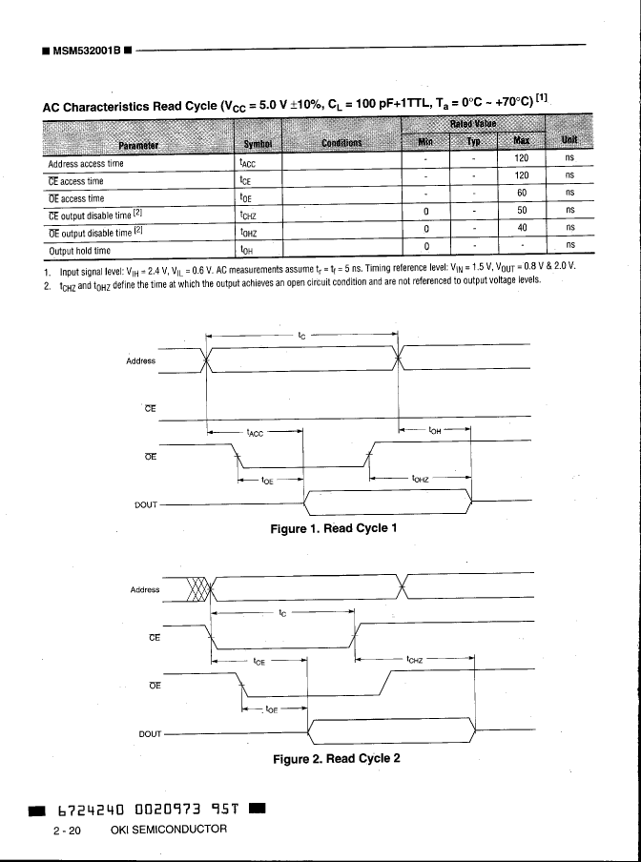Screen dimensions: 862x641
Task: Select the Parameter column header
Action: point(137,144)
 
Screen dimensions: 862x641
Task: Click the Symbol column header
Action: point(258,144)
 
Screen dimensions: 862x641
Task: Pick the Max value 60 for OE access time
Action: point(522,197)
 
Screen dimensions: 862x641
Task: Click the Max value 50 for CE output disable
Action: point(522,210)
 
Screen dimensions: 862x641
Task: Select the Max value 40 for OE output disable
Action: point(522,228)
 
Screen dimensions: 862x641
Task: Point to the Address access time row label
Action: point(86,163)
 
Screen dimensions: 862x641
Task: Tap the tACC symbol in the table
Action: point(247,163)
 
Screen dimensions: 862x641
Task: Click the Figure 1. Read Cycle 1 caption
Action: point(333,528)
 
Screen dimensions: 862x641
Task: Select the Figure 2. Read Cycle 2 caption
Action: point(336,759)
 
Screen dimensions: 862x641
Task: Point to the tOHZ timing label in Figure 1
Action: point(423,479)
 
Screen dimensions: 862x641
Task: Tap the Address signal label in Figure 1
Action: point(142,361)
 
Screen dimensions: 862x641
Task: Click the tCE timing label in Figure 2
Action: point(259,659)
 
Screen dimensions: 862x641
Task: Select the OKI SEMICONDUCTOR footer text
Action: point(169,829)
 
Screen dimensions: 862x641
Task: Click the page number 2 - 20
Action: point(68,830)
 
